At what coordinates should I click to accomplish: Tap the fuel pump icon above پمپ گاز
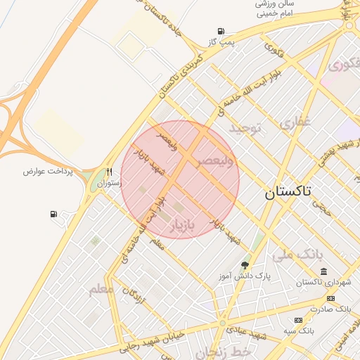click(221, 31)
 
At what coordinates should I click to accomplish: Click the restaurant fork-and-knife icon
click(109, 172)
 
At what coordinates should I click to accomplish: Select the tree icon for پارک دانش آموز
click(245, 265)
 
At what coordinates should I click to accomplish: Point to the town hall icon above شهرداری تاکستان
click(323, 271)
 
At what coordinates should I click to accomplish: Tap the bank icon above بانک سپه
click(299, 320)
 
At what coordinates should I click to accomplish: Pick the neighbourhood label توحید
click(245, 128)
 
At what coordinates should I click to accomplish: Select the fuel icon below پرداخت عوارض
click(54, 214)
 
